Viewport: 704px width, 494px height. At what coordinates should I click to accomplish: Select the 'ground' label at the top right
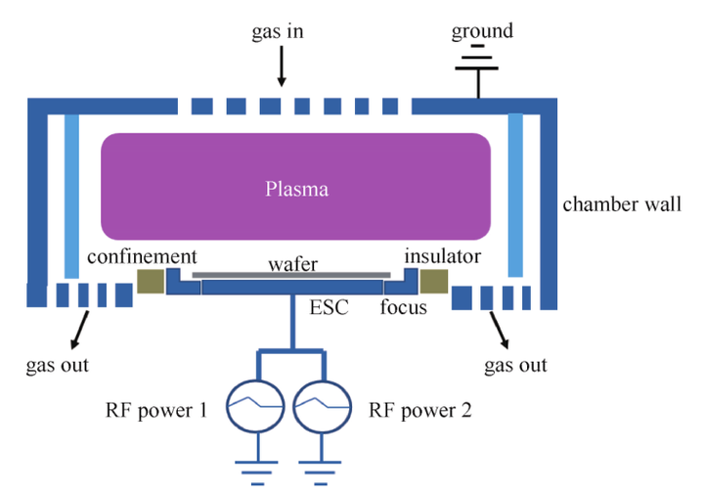point(481,31)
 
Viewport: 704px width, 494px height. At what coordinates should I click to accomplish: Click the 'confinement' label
point(142,256)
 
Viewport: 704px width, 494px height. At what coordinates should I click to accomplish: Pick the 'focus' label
point(404,308)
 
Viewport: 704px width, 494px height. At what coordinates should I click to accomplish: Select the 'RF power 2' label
point(423,410)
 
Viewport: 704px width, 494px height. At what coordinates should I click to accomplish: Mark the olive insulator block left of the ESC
point(150,282)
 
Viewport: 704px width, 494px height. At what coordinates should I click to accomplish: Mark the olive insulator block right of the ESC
point(433,282)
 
